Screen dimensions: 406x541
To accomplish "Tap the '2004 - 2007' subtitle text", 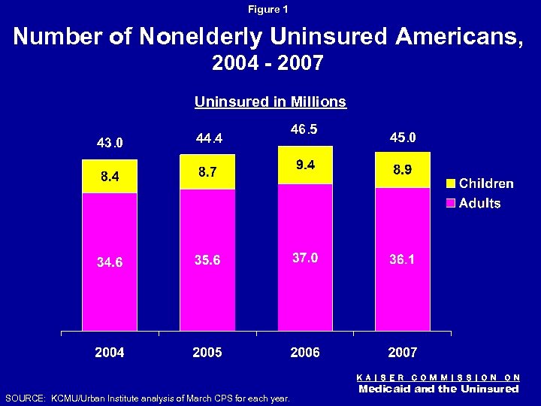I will [x=268, y=64].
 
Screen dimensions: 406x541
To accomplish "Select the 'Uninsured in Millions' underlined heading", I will [x=270, y=101].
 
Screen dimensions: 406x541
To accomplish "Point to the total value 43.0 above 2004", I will [x=110, y=143].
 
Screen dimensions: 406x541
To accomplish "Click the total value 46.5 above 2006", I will [x=304, y=129].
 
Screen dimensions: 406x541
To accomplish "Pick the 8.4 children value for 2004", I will [x=110, y=177].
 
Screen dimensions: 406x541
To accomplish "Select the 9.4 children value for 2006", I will [x=304, y=165].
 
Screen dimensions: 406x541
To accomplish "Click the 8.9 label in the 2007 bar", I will [x=402, y=170].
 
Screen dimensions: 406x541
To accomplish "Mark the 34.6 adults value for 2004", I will [x=110, y=262].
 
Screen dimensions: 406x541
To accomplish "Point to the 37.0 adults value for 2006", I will [x=304, y=258].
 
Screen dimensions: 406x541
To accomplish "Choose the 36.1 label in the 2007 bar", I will [x=402, y=259].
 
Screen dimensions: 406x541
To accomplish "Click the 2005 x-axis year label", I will [x=207, y=352].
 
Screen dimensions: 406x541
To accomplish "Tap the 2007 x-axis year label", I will [x=402, y=352].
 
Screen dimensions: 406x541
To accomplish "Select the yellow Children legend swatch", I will [x=451, y=184].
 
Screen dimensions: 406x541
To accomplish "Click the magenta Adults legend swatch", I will [x=451, y=204].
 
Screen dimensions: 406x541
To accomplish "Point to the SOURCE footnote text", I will [x=147, y=398].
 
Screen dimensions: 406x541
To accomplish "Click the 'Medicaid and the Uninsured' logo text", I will [x=439, y=389].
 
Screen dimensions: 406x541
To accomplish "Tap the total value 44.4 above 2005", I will [x=207, y=138].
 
